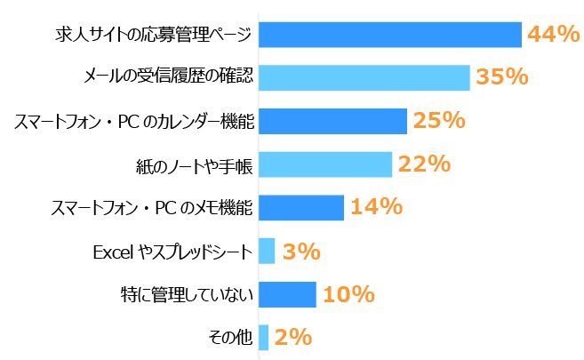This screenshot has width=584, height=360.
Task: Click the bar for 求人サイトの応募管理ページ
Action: tap(388, 34)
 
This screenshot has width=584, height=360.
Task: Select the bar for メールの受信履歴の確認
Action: tap(363, 77)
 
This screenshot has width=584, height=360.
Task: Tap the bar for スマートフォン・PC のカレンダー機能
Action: tap(332, 121)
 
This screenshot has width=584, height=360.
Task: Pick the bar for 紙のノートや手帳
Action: tap(324, 164)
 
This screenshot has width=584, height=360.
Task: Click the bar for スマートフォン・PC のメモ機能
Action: tap(300, 207)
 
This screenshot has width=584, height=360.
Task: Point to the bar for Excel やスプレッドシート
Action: tap(266, 251)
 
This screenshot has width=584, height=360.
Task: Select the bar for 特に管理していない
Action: tap(286, 294)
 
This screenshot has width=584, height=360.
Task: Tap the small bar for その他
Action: tap(263, 337)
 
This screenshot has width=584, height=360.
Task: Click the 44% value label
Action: tap(553, 34)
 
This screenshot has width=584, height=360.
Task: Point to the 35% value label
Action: tap(502, 77)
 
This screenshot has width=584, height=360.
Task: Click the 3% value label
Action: tap(300, 252)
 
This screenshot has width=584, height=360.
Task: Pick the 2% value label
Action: tap(292, 338)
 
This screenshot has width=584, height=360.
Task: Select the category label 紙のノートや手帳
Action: tap(191, 164)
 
